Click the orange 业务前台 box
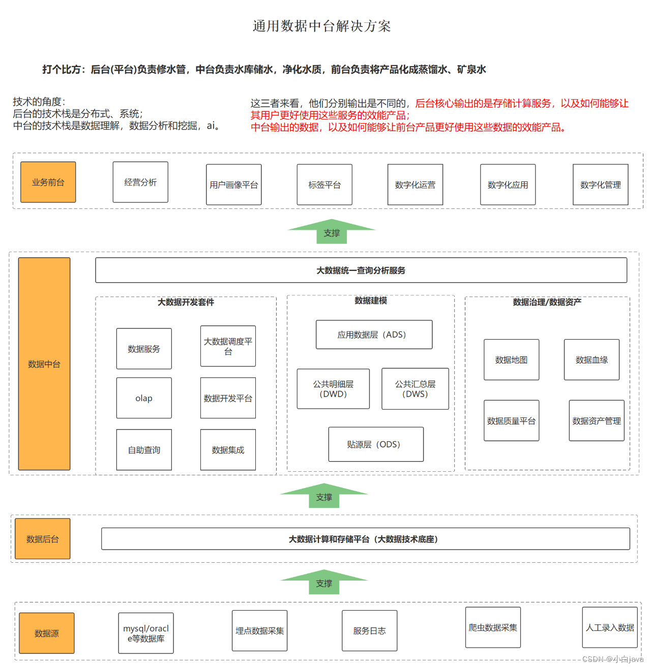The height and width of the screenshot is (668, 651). click(48, 183)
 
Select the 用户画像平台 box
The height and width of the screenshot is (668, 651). click(234, 185)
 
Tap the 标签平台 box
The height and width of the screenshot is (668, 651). click(324, 185)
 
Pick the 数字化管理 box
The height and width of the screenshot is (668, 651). click(601, 185)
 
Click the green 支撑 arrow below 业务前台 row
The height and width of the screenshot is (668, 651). click(332, 232)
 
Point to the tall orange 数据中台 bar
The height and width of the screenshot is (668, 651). click(44, 364)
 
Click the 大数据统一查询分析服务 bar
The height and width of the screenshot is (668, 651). click(361, 270)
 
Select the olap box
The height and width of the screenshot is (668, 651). click(144, 398)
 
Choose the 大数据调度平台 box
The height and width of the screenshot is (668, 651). click(228, 346)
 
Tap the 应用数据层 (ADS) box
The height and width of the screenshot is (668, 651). click(374, 335)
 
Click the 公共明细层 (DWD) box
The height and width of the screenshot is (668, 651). click(334, 389)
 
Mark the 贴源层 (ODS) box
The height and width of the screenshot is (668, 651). click(376, 444)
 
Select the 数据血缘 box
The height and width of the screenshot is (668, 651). click(591, 360)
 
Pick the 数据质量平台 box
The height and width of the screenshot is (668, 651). click(512, 420)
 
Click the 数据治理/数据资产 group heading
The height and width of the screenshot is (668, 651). click(547, 302)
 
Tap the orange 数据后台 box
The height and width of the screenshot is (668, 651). click(43, 539)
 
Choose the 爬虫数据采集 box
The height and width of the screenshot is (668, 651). click(493, 627)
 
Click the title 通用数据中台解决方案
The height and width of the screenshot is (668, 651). click(322, 26)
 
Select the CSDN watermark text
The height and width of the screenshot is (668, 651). click(612, 659)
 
